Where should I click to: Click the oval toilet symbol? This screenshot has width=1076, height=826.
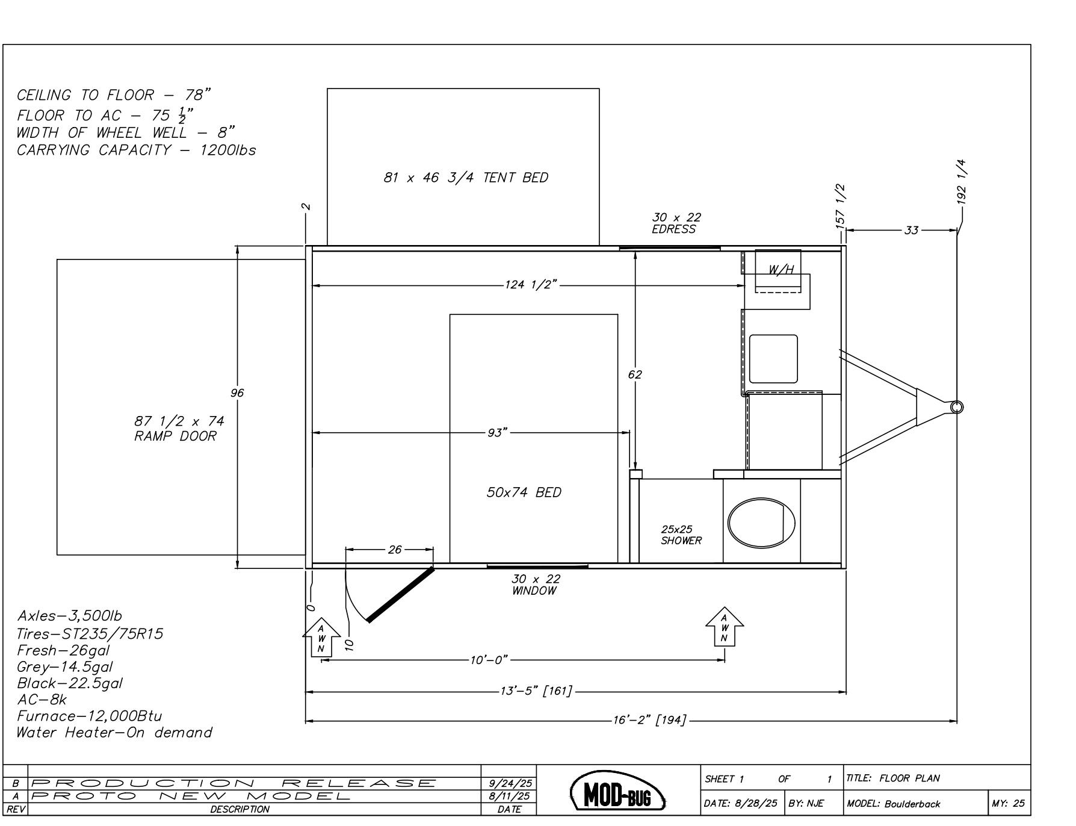click(x=761, y=522)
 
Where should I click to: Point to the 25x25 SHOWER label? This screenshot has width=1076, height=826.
click(x=681, y=535)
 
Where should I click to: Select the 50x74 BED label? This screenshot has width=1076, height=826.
click(x=524, y=492)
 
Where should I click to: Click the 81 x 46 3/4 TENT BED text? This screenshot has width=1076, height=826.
click(x=466, y=178)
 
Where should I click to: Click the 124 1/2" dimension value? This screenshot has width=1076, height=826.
click(x=530, y=285)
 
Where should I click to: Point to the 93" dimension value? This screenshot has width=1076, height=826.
click(x=497, y=433)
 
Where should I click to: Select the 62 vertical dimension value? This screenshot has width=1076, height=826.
click(x=635, y=374)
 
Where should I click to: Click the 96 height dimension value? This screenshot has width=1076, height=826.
click(x=237, y=393)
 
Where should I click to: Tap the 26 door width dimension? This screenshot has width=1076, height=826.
click(x=395, y=549)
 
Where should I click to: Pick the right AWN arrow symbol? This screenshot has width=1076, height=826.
click(x=725, y=627)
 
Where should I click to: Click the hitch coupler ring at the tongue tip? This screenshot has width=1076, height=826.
click(x=956, y=407)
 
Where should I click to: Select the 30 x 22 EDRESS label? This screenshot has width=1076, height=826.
click(x=676, y=223)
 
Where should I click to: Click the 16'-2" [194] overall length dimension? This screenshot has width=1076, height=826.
click(x=649, y=720)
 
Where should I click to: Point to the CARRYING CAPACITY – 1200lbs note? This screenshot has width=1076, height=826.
click(x=136, y=151)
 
